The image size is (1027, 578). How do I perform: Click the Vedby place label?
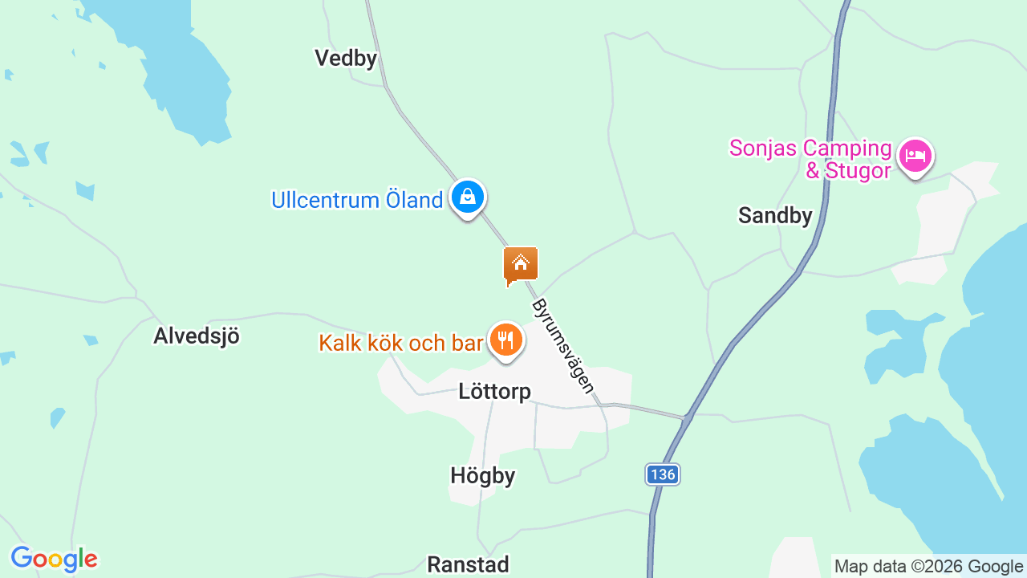click(345, 58)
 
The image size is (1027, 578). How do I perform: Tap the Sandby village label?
click(775, 215)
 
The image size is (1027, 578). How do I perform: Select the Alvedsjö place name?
click(197, 336)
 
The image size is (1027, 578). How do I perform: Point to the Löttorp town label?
click(494, 392)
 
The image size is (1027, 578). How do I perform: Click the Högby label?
click(482, 476)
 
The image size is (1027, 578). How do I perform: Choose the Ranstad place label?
click(468, 564)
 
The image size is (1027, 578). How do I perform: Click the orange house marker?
click(521, 265)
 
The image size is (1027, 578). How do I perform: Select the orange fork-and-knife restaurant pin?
click(505, 340)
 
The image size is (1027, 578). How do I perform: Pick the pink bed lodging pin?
click(915, 155)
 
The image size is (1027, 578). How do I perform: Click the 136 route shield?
click(663, 474)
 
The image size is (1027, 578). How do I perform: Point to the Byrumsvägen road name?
click(563, 346)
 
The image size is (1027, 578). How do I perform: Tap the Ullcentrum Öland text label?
click(357, 200)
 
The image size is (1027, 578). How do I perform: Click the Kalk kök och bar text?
click(401, 343)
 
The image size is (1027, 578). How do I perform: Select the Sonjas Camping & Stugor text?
click(810, 160)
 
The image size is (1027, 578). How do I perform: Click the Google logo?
click(54, 559)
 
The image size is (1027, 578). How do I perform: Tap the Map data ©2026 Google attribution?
click(928, 566)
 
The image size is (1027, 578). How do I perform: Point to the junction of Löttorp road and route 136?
click(686, 417)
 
